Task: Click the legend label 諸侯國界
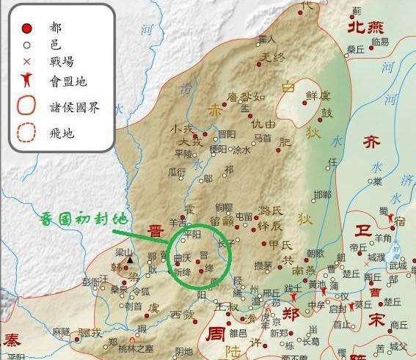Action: pos(73,108)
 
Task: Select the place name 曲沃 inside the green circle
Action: pos(181,258)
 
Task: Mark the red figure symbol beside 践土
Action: pos(295,298)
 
